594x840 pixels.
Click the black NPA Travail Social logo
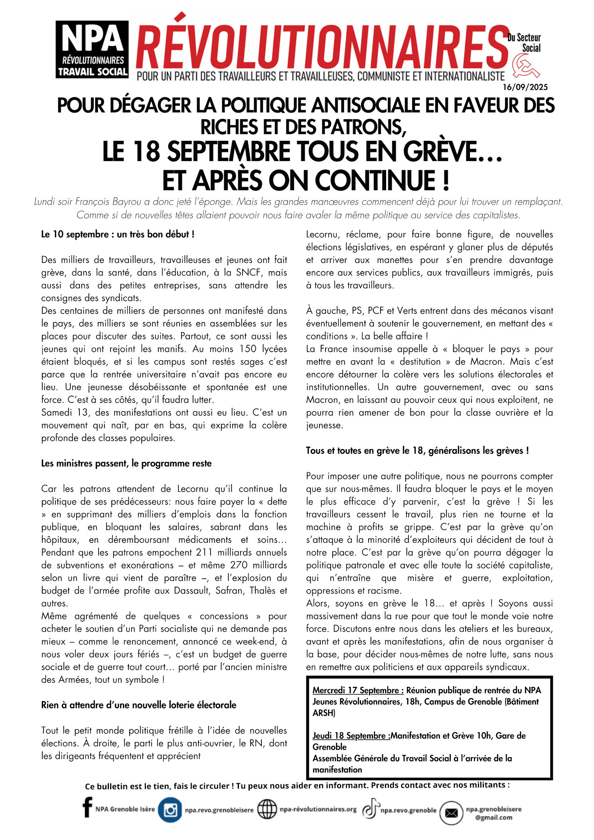tap(92, 49)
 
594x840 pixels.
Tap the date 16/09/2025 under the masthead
tap(525, 87)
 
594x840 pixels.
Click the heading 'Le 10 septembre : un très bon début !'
tap(118, 235)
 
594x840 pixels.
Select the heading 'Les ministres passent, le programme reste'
tap(126, 463)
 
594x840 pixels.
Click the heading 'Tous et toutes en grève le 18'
tap(417, 451)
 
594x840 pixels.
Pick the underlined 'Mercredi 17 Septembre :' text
tap(358, 690)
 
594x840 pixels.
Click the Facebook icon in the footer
tap(87, 808)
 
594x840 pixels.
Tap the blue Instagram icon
tap(170, 810)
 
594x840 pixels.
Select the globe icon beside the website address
tap(267, 809)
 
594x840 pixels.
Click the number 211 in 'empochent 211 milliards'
tap(204, 552)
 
